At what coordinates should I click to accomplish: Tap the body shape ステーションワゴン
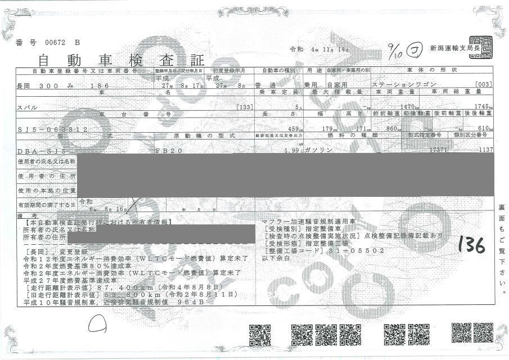(397, 85)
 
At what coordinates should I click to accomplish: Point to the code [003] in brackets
(484, 85)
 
